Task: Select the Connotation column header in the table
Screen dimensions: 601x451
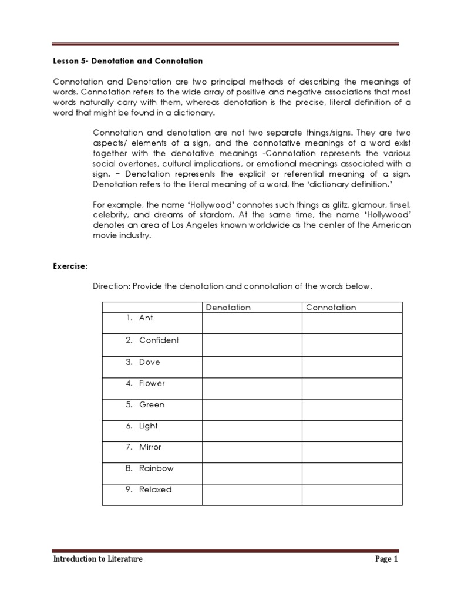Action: click(x=331, y=308)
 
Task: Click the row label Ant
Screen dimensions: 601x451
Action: click(x=145, y=318)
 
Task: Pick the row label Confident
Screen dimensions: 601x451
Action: click(x=159, y=340)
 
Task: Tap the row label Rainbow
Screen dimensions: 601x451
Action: click(x=156, y=468)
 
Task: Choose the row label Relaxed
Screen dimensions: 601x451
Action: click(x=156, y=489)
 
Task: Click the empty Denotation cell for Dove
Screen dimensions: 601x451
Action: click(x=252, y=366)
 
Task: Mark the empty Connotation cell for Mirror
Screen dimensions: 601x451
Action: click(x=352, y=451)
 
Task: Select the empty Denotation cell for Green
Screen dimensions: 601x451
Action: click(x=252, y=409)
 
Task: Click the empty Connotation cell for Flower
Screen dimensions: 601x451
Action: click(x=352, y=387)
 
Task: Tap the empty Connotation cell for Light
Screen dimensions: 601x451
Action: click(x=352, y=430)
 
